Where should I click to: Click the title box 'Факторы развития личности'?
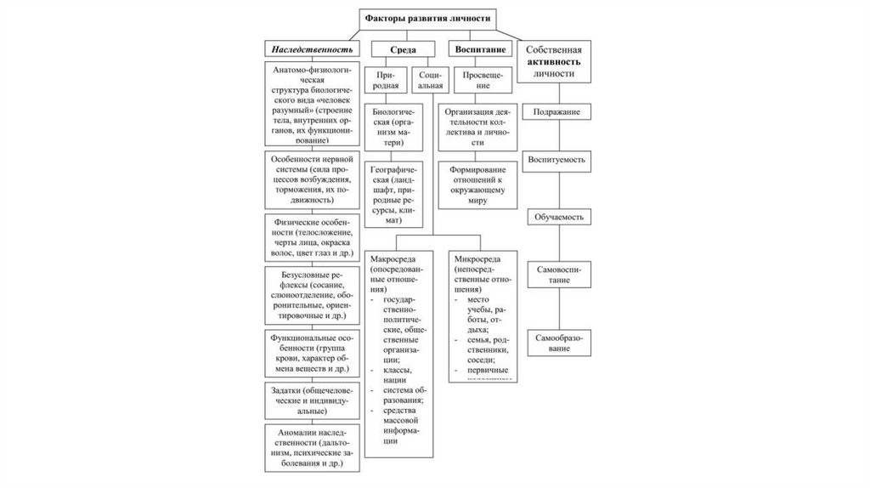point(427,18)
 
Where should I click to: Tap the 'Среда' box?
point(403,49)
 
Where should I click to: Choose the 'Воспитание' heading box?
point(480,49)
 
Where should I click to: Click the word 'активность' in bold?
point(557,62)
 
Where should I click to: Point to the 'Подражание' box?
point(557,111)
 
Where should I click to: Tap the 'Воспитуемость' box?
point(557,159)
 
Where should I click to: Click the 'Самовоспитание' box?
point(557,274)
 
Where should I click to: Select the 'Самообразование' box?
point(557,343)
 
